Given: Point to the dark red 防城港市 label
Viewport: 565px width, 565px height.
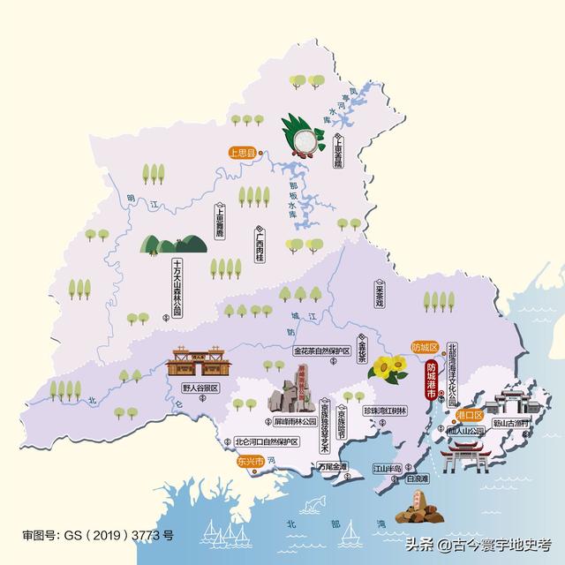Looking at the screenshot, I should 432,382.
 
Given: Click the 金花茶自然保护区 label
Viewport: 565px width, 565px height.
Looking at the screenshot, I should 322,350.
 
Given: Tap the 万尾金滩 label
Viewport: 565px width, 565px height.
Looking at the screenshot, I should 331,465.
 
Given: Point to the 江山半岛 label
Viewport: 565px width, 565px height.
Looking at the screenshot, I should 386,467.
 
